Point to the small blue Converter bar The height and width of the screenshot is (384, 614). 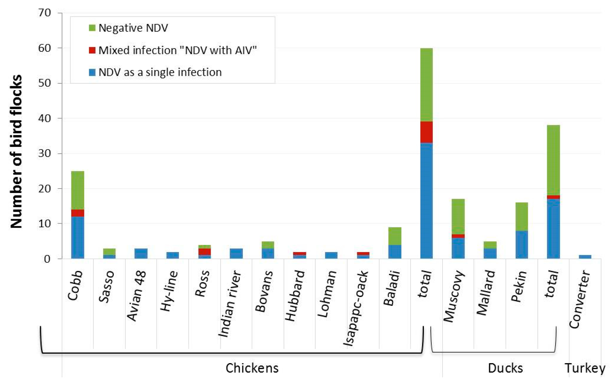click(x=585, y=257)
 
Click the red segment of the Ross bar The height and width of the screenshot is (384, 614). click(x=204, y=252)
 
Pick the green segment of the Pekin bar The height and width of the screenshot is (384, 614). click(x=521, y=216)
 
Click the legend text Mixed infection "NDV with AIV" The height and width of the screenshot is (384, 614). click(x=177, y=50)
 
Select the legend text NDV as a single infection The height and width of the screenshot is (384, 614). click(x=160, y=72)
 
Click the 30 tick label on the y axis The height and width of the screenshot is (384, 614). click(x=45, y=153)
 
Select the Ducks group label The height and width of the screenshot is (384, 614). click(x=505, y=368)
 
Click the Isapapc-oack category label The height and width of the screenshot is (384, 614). click(x=355, y=309)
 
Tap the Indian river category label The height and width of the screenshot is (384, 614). click(x=230, y=304)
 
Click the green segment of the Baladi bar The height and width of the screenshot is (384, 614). click(x=395, y=236)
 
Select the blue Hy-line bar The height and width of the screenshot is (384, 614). click(x=173, y=255)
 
